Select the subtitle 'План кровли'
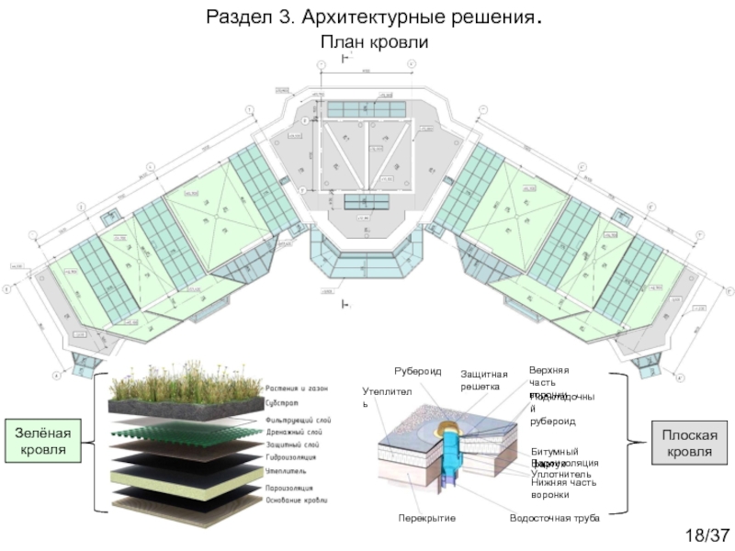[x=374, y=42]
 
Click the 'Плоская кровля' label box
[x=687, y=444]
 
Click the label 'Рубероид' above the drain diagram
[x=418, y=371]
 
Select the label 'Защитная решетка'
[x=483, y=380]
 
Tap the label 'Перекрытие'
[x=426, y=519]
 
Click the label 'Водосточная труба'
[x=554, y=519]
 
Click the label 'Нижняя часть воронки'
[x=563, y=489]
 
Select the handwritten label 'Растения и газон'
[x=296, y=388]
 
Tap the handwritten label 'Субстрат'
[x=281, y=402]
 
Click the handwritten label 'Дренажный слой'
[x=292, y=432]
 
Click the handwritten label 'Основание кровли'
[x=295, y=500]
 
